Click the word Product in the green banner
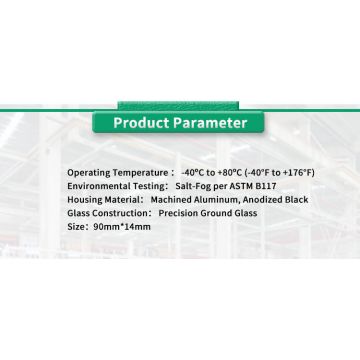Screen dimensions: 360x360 pyautogui.click(x=142, y=125)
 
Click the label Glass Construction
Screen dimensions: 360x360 pyautogui.click(x=103, y=211)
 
